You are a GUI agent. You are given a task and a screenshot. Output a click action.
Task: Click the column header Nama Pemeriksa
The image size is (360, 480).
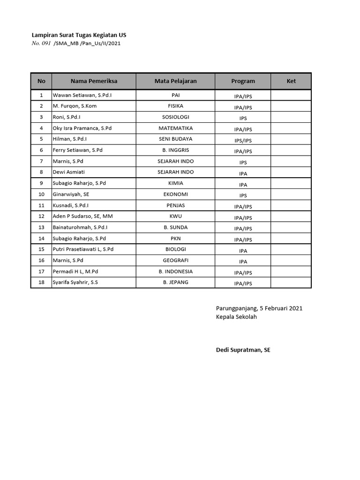click(94, 81)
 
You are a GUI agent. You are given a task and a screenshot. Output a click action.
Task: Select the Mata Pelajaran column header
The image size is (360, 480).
click(175, 81)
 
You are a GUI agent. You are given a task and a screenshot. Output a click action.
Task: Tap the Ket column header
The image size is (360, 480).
click(291, 81)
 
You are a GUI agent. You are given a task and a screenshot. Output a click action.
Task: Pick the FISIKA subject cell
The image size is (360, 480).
click(175, 106)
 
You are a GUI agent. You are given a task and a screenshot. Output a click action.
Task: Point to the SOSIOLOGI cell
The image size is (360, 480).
click(175, 117)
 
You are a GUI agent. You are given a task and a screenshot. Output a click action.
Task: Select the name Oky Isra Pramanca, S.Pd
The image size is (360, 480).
click(82, 128)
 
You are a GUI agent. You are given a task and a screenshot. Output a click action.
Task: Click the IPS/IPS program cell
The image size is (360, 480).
click(243, 140)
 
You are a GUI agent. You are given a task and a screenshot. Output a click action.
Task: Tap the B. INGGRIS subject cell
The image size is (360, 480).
click(175, 150)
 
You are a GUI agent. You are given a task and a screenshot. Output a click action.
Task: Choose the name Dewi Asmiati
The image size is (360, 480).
click(68, 172)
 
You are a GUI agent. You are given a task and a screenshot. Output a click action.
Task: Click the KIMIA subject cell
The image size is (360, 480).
click(175, 183)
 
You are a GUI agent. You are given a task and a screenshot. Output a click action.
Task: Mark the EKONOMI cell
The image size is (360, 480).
click(175, 194)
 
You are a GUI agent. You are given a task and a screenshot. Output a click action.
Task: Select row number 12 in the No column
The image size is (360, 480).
click(41, 216)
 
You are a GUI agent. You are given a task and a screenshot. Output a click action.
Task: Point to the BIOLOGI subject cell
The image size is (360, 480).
click(175, 249)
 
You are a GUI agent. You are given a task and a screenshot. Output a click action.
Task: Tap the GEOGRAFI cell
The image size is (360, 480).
click(175, 260)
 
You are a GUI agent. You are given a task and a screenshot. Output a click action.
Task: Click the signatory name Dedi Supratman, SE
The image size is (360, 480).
click(243, 350)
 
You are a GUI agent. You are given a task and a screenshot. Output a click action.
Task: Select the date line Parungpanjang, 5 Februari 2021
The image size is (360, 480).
click(259, 308)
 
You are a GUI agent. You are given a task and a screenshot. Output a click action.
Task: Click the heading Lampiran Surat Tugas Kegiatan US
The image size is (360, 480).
click(79, 35)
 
